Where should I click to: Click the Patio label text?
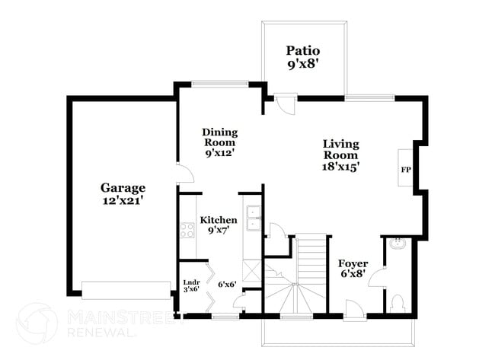pyautogui.click(x=302, y=51)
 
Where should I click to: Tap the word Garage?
pyautogui.click(x=123, y=188)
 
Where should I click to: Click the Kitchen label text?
pyautogui.click(x=219, y=221)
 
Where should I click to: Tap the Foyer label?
pyautogui.click(x=353, y=263)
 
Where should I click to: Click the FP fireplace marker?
pyautogui.click(x=405, y=169)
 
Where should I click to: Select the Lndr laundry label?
pyautogui.click(x=191, y=282)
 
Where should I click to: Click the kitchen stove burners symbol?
pyautogui.click(x=187, y=228)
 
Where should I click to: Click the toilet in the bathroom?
pyautogui.click(x=396, y=302)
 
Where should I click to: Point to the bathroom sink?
pyautogui.click(x=398, y=244)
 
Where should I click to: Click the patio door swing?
pyautogui.click(x=286, y=104)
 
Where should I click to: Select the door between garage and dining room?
pyautogui.click(x=183, y=174)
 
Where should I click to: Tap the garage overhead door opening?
pyautogui.click(x=126, y=289)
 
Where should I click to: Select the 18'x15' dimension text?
pyautogui.click(x=340, y=164)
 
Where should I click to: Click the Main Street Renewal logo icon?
pyautogui.click(x=36, y=323)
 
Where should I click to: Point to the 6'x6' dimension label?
pyautogui.click(x=226, y=285)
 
